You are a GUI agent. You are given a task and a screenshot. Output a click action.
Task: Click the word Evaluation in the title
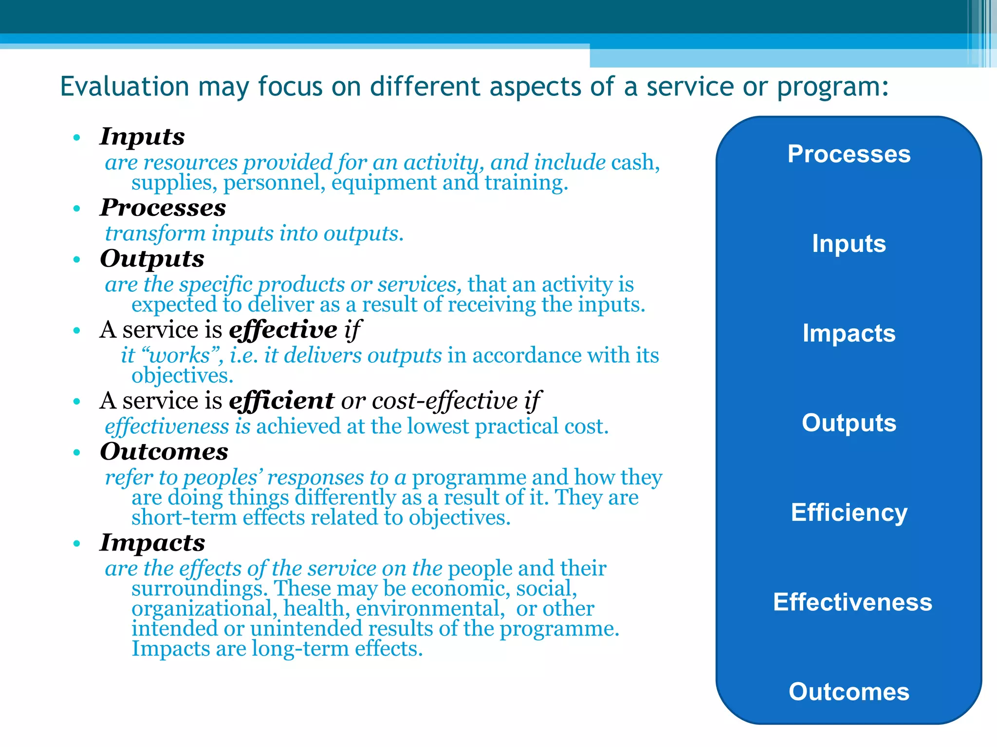click(x=124, y=87)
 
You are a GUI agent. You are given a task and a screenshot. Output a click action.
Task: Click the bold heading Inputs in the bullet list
click(x=142, y=137)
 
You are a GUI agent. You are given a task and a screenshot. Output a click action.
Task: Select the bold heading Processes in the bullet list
click(x=163, y=208)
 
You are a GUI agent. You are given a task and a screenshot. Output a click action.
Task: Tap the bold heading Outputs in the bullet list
click(x=152, y=259)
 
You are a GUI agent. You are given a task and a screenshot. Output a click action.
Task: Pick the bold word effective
click(x=283, y=330)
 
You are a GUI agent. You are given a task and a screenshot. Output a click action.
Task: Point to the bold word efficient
click(x=281, y=401)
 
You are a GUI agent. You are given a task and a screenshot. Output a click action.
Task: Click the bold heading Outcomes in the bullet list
click(x=164, y=452)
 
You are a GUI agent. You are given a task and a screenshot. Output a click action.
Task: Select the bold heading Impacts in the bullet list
click(x=152, y=543)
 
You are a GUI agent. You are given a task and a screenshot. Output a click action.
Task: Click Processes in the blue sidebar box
click(x=849, y=154)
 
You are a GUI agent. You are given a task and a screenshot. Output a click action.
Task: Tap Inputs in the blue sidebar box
click(x=849, y=244)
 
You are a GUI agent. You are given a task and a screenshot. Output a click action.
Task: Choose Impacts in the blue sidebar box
click(x=849, y=334)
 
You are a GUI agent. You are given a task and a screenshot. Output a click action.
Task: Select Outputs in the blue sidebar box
click(x=849, y=423)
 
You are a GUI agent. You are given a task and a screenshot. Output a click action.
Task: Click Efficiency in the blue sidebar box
click(x=849, y=513)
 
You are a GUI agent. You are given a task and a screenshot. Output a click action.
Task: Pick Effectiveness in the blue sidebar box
click(x=852, y=602)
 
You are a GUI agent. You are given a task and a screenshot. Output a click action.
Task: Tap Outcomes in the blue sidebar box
click(x=849, y=692)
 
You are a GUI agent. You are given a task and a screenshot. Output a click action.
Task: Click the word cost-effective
click(x=444, y=401)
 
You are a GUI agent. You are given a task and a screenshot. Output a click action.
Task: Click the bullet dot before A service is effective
click(x=76, y=331)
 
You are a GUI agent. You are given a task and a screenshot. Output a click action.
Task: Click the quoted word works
click(x=179, y=356)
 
